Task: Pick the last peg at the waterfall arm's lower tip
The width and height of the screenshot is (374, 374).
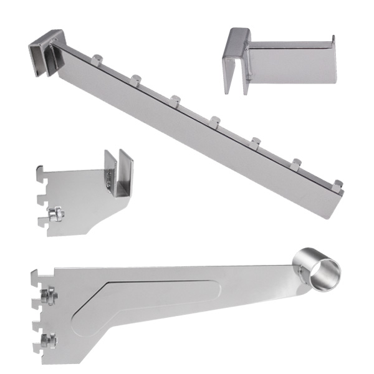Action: [337, 185]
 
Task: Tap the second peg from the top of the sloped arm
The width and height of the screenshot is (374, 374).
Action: [135, 79]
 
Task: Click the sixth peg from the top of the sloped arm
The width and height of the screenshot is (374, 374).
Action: [297, 164]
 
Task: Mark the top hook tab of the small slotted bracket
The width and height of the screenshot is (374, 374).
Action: [41, 169]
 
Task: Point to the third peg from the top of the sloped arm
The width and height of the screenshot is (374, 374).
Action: [175, 100]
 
